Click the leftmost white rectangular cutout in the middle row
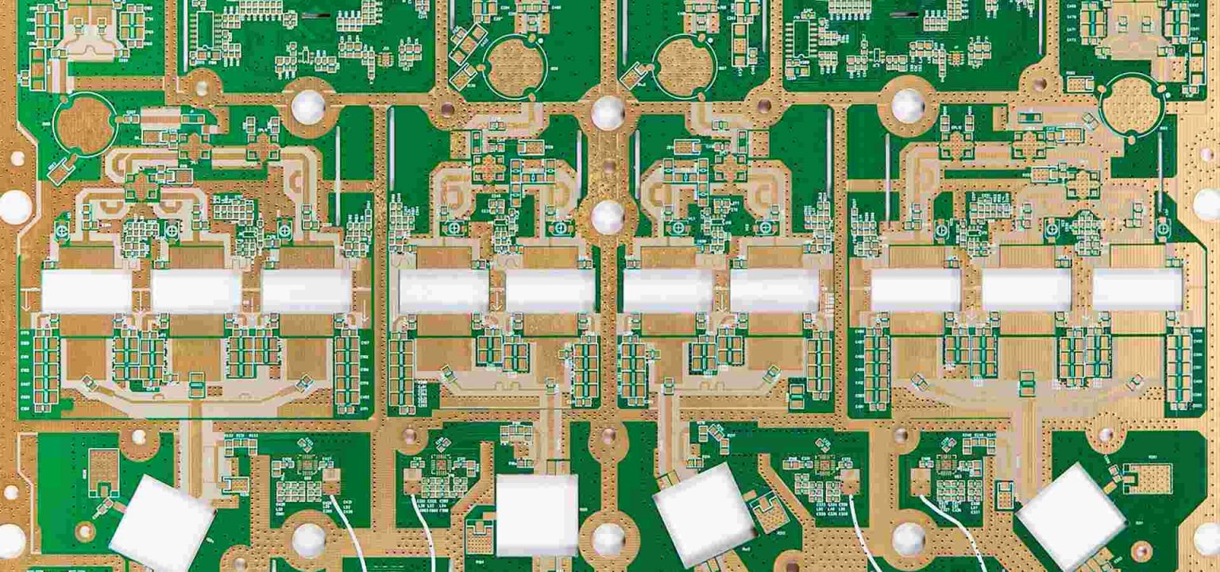click(86, 291)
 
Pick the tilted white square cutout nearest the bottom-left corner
click(161, 525)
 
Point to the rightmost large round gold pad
click(1129, 103)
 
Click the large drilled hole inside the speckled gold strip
click(608, 217)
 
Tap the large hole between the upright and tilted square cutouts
click(608, 539)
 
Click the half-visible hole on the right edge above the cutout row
click(1209, 204)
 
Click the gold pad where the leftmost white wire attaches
click(331, 478)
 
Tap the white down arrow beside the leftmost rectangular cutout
click(29, 300)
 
